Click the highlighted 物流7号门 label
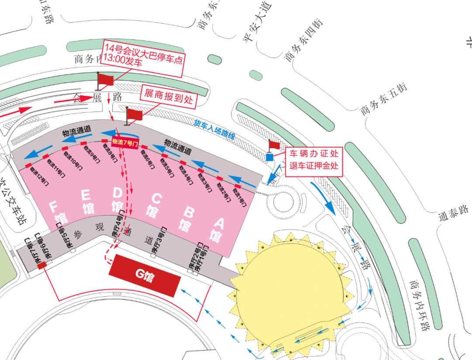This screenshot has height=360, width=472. click(x=125, y=142)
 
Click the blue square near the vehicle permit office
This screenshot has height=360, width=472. click(x=270, y=157)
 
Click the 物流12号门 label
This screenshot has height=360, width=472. click(x=37, y=171)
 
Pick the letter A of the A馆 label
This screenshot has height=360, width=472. click(x=219, y=224)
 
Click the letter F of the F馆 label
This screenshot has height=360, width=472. click(x=54, y=205)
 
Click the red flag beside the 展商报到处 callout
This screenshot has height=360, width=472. click(x=134, y=115)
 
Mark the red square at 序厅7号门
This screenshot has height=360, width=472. click(x=42, y=265)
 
